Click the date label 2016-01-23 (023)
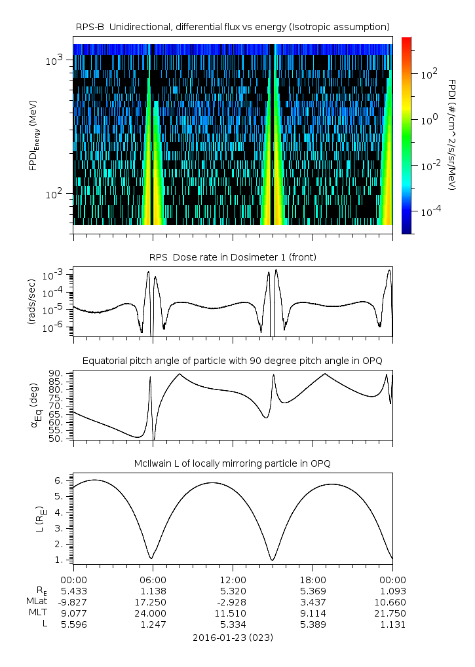(x=233, y=637)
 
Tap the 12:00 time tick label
(x=233, y=579)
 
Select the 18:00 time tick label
(x=313, y=579)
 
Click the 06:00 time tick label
(x=153, y=579)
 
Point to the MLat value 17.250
(x=153, y=602)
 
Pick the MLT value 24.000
(x=153, y=613)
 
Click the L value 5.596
(x=73, y=624)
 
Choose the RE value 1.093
(x=392, y=590)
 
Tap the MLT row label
(x=37, y=613)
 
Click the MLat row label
(x=36, y=602)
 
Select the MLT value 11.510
(x=233, y=613)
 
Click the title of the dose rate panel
(x=233, y=257)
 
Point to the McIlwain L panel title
(x=233, y=463)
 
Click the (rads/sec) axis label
(x=31, y=302)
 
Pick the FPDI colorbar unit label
(x=452, y=134)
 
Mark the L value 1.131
(x=392, y=624)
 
